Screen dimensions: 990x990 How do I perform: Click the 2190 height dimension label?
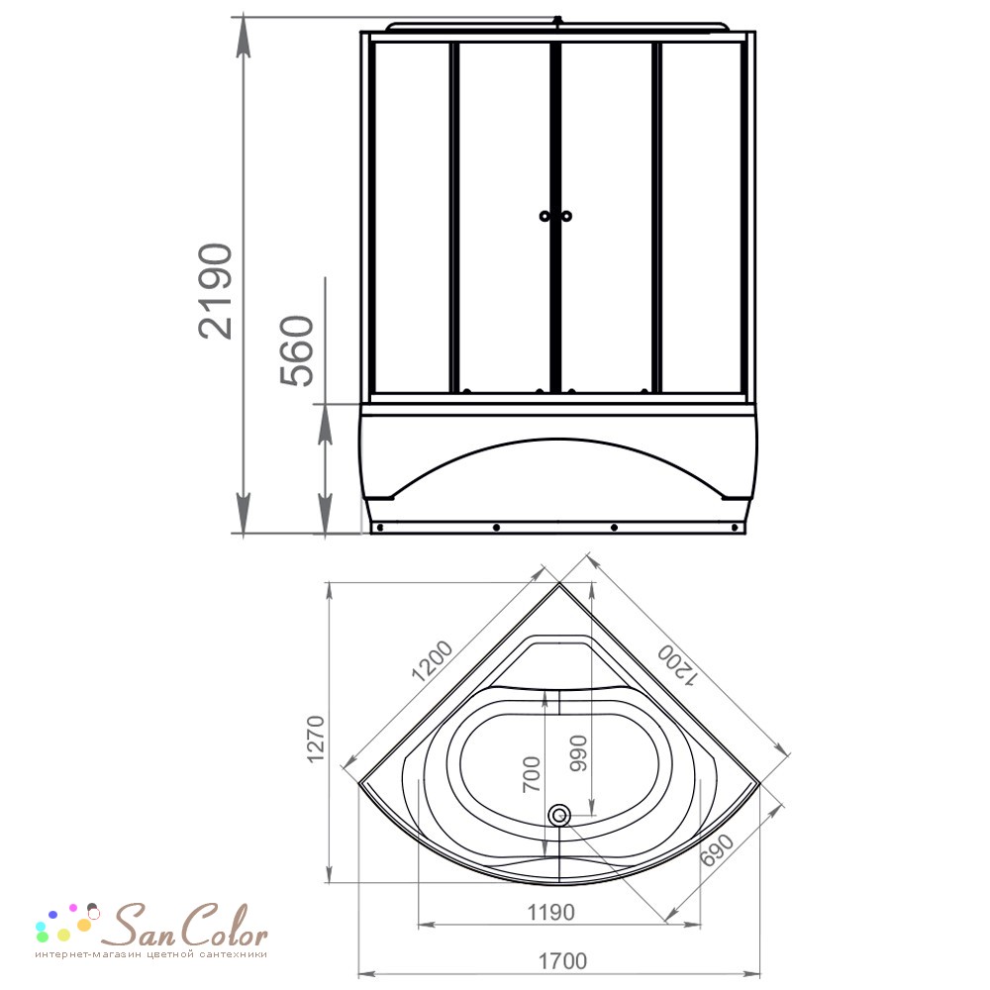215,291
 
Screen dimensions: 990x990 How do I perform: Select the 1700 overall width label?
562,961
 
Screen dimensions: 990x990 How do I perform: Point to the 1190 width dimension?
550,913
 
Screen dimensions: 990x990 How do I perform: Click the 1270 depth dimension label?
316,739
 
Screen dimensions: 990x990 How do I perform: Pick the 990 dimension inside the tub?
578,752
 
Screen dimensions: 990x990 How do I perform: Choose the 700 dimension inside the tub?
532,774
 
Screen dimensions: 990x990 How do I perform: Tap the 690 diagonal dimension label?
717,849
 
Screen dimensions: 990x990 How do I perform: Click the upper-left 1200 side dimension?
433,661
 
